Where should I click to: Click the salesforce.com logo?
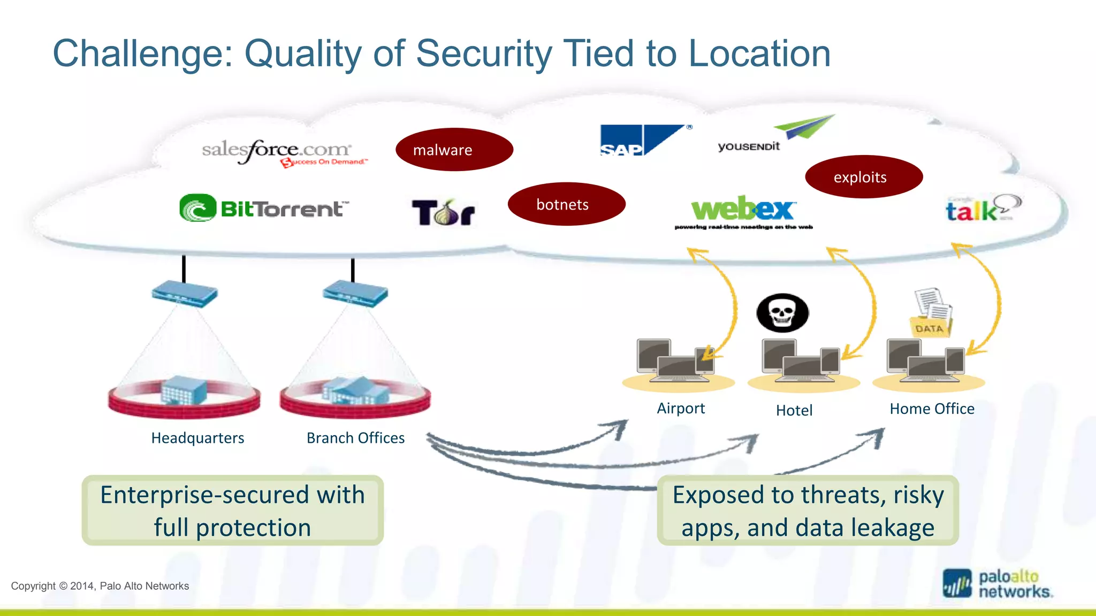(283, 151)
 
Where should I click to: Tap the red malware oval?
(454, 150)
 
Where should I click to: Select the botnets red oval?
(566, 204)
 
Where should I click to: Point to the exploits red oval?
(863, 177)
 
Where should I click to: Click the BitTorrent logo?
(264, 208)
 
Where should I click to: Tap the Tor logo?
(443, 212)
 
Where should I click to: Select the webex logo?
(743, 211)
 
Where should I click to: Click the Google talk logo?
(982, 209)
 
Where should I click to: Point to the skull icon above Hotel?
(782, 313)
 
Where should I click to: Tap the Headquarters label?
(197, 438)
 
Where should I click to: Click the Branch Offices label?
(355, 438)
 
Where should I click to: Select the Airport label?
(680, 409)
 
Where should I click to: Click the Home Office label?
(932, 409)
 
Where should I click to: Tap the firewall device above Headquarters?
(185, 294)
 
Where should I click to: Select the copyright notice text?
(100, 586)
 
